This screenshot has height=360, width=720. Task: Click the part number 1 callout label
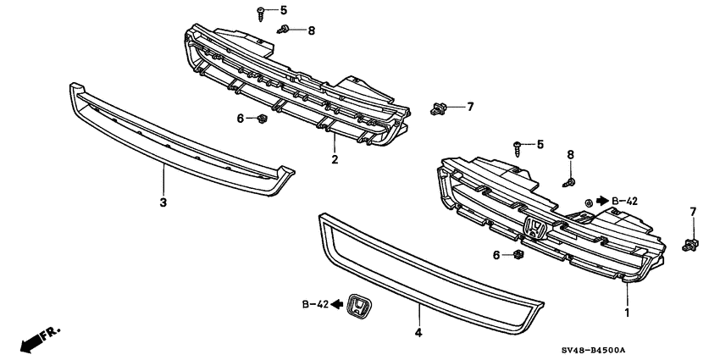click(627, 313)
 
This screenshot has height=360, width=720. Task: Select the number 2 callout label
click(335, 158)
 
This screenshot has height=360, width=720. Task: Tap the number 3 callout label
click(163, 202)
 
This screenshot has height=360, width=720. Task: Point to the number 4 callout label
click(418, 334)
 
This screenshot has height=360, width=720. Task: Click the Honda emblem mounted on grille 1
click(535, 229)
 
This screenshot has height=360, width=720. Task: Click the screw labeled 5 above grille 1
click(518, 148)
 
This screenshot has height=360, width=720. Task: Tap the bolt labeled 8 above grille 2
click(286, 31)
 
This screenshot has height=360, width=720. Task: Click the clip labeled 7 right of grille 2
click(438, 108)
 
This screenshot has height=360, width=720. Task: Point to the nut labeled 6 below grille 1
click(518, 254)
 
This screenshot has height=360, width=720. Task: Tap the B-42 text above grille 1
click(625, 201)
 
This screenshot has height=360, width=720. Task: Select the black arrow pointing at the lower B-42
click(337, 303)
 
